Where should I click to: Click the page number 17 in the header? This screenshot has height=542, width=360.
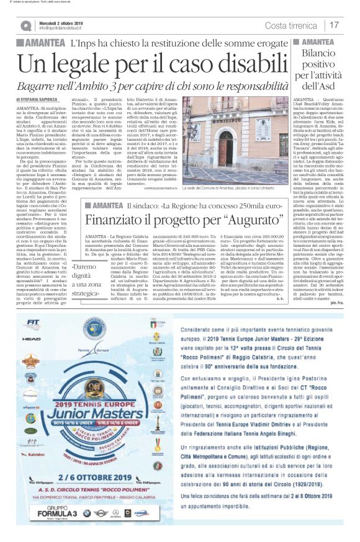pos(335,25)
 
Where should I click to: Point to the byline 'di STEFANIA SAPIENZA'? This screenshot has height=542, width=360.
pos(39,98)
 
